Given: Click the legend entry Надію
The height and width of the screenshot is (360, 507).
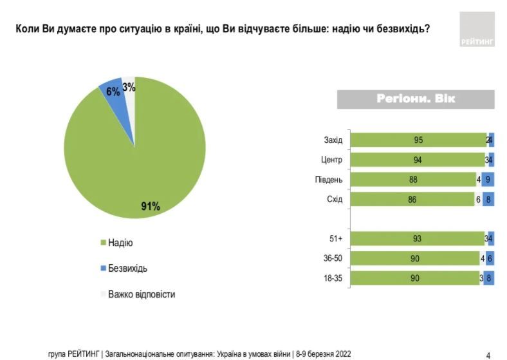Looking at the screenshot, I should click(x=120, y=243).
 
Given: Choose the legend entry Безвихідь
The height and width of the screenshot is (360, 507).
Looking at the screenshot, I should click(x=127, y=269).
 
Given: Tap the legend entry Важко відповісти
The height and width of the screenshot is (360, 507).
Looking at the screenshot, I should click(x=141, y=294).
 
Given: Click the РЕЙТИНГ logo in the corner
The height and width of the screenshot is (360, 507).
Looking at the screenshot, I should click(x=477, y=30).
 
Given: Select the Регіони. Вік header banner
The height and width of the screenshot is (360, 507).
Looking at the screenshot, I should click(x=416, y=99).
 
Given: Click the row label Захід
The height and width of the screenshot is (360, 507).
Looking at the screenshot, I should click(x=333, y=140).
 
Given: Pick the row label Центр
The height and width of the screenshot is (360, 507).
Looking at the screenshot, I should click(x=332, y=160).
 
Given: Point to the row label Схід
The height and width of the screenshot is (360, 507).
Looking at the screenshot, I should click(x=335, y=200).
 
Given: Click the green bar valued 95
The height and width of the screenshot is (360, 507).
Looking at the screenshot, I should click(x=418, y=140).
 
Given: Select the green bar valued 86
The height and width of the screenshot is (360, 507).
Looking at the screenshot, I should click(x=412, y=200).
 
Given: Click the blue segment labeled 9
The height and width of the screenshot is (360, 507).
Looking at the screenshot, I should click(x=488, y=180).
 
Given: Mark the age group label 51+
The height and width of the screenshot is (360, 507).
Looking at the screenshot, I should click(x=336, y=239).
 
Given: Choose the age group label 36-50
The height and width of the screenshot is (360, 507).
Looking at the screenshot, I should click(x=333, y=259).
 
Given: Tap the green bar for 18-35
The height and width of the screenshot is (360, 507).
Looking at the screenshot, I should click(x=415, y=278).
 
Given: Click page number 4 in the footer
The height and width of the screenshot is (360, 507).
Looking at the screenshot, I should click(x=488, y=354).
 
